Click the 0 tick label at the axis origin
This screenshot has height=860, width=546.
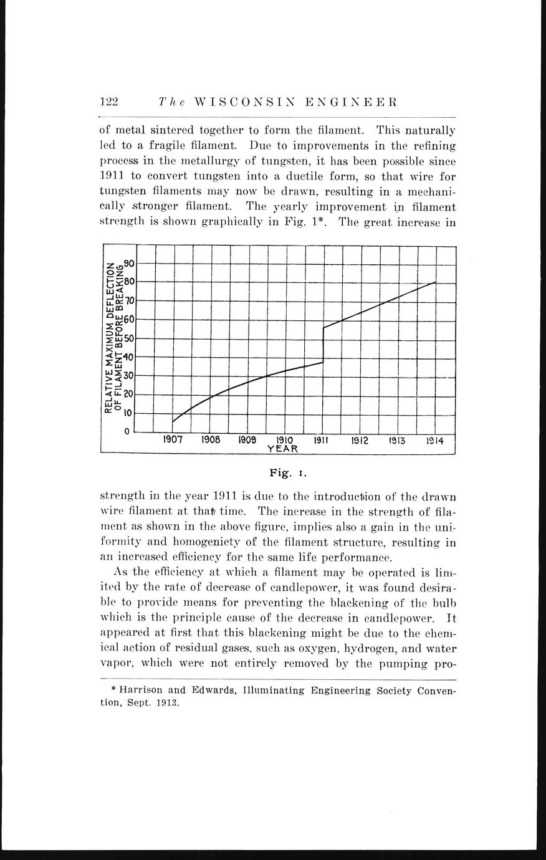click(x=127, y=431)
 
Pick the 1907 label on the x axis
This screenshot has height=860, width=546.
click(x=173, y=440)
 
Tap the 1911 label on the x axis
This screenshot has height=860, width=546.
click(x=322, y=440)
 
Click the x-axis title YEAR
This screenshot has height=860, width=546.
click(x=282, y=449)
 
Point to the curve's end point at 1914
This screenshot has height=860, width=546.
click(x=435, y=282)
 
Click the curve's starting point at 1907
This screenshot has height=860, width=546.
click(x=173, y=422)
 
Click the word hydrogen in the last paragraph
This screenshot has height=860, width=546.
click(x=371, y=648)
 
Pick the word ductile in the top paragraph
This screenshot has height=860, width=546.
click(x=272, y=176)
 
